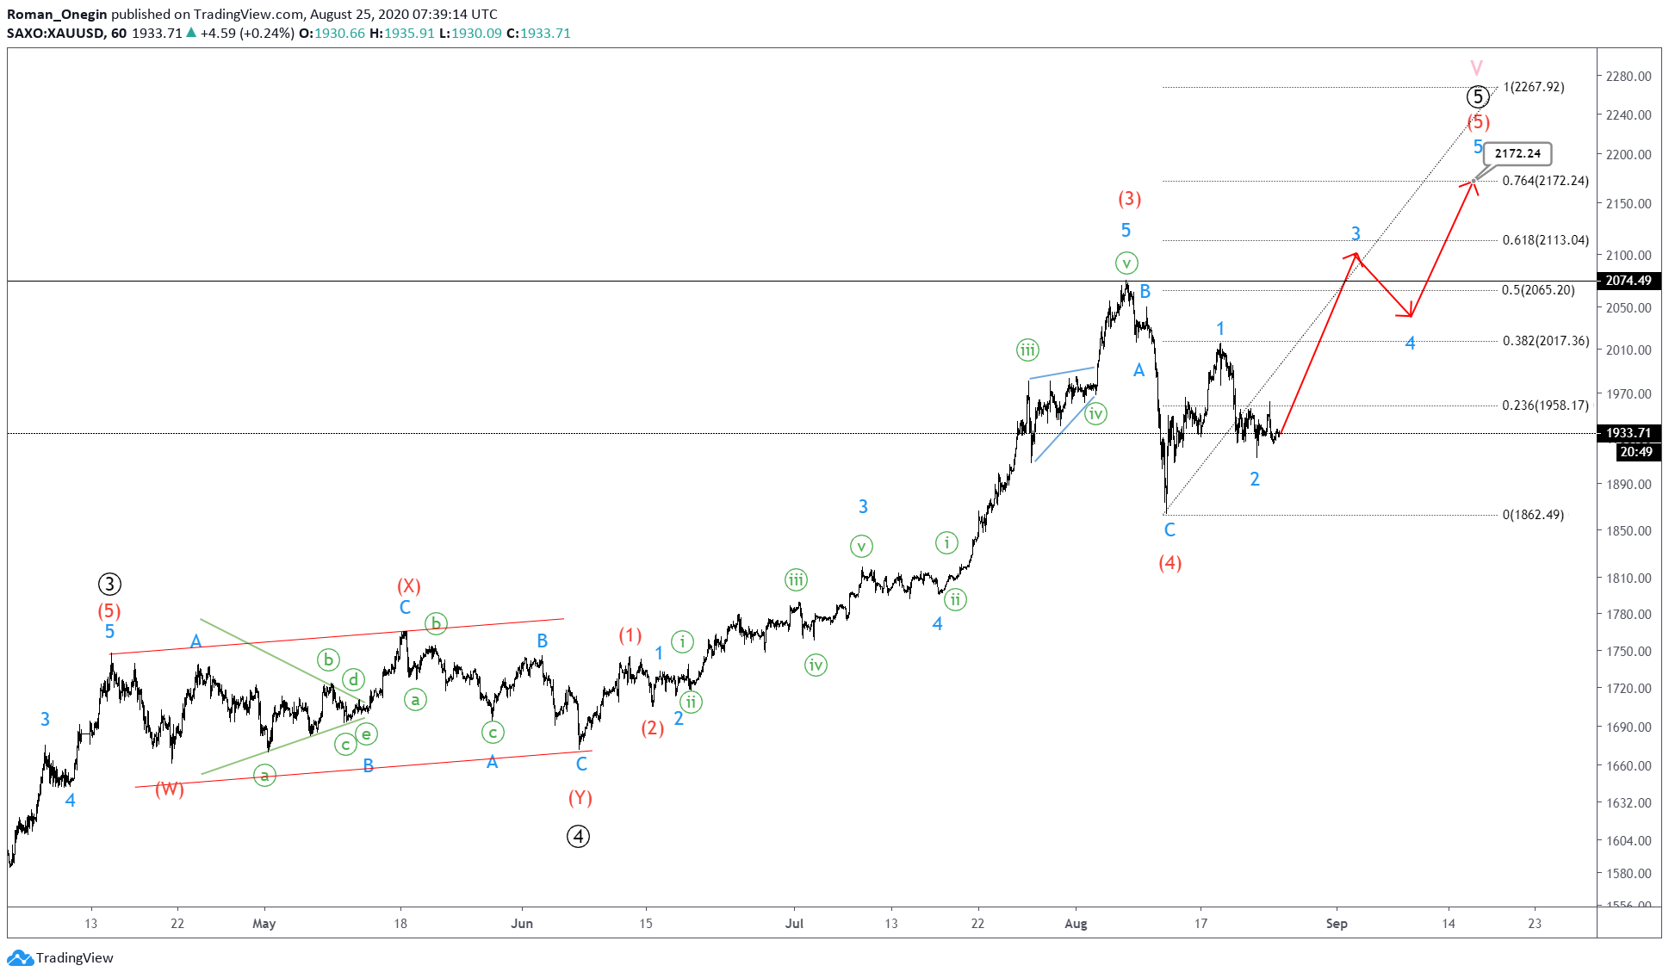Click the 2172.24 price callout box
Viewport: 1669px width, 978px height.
click(1517, 154)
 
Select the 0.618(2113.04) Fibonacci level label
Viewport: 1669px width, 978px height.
click(1545, 240)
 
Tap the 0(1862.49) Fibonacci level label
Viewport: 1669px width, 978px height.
click(1533, 515)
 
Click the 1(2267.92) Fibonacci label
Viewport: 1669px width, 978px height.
click(1533, 87)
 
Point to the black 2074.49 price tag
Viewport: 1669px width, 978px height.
click(1628, 281)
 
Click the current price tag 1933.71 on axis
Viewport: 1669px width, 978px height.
click(1628, 433)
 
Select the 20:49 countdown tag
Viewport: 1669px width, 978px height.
click(1635, 452)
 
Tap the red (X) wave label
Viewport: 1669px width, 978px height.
click(408, 586)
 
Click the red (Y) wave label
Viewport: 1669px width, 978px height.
click(580, 798)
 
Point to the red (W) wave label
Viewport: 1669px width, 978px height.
click(170, 789)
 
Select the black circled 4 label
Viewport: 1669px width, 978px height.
click(578, 836)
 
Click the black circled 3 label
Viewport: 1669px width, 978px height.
click(109, 585)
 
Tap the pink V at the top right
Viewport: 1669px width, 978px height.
click(1476, 68)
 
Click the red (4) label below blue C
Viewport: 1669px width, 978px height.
click(1170, 563)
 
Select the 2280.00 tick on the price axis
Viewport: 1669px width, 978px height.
click(1628, 77)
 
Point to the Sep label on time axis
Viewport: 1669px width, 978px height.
click(1336, 924)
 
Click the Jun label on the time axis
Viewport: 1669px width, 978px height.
click(522, 924)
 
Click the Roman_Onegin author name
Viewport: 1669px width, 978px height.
click(57, 14)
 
